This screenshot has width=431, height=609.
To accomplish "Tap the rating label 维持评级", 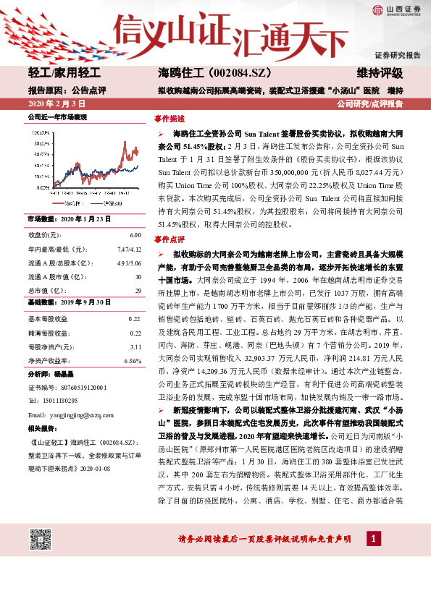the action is coord(380,73).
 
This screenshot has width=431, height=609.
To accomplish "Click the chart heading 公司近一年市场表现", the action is coord(57,116).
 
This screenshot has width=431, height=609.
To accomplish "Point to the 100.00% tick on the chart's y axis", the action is coord(43,133).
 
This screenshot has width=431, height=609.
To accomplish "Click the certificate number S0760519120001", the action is coord(72,387).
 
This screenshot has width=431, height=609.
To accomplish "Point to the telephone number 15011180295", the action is coord(62,399).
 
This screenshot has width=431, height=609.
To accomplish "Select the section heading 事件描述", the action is coord(170,118).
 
